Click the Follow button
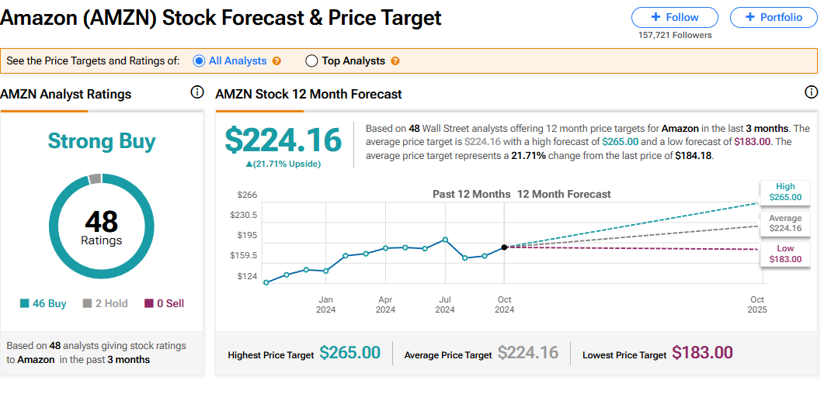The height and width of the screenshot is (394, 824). (x=674, y=17)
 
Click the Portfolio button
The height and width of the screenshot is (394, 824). (x=773, y=17)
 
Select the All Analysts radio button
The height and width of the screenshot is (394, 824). (x=199, y=60)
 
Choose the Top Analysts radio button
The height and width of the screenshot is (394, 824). (x=311, y=60)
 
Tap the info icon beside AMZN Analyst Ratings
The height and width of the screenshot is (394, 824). (x=197, y=93)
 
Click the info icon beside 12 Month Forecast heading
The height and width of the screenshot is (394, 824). (x=812, y=93)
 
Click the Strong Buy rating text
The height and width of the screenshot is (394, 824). (x=102, y=141)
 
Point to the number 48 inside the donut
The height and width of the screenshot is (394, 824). (x=102, y=222)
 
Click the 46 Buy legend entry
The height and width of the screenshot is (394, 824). (x=43, y=303)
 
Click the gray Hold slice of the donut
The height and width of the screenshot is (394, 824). (x=95, y=179)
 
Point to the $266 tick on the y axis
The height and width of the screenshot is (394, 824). (x=248, y=195)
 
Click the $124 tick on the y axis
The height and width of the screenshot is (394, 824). (x=248, y=276)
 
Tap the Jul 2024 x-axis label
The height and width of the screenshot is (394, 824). (x=445, y=304)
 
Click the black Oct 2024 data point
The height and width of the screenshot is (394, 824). (x=505, y=247)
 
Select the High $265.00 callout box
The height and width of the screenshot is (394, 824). (x=785, y=192)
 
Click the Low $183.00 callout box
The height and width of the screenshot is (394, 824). (x=785, y=254)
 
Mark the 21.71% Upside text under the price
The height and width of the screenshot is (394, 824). (x=283, y=164)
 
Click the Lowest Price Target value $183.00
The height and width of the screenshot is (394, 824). (x=702, y=353)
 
